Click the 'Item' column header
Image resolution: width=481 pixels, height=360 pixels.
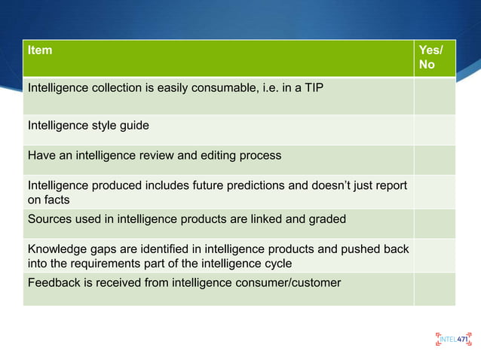40,50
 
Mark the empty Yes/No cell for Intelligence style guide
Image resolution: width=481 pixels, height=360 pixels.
434,129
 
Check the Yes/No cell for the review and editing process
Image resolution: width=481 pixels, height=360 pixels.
434,159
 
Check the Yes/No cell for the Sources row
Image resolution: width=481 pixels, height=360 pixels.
434,223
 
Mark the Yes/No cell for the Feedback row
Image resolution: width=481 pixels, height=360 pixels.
434,288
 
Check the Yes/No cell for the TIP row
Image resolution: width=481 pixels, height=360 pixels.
434,96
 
